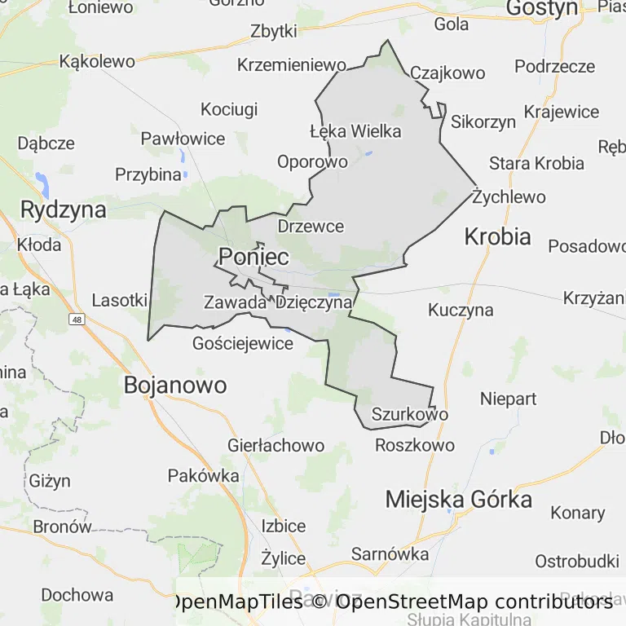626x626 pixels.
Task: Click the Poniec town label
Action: pyautogui.click(x=253, y=257)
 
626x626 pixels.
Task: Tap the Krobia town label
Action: pyautogui.click(x=497, y=237)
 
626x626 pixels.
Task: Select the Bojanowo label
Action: pyautogui.click(x=175, y=385)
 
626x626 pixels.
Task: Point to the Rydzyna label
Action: pyautogui.click(x=63, y=209)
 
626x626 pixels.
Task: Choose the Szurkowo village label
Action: pyautogui.click(x=409, y=414)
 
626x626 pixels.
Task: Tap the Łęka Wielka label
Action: pyautogui.click(x=355, y=131)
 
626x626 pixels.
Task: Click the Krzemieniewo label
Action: pyautogui.click(x=292, y=65)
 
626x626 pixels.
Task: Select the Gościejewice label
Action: pyautogui.click(x=242, y=343)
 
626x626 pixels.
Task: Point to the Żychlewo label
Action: pyautogui.click(x=509, y=197)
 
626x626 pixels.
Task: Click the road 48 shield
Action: pyautogui.click(x=77, y=320)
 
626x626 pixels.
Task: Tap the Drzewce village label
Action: pyautogui.click(x=311, y=226)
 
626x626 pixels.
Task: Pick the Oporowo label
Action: pyautogui.click(x=312, y=161)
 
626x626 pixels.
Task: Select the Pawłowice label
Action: pyautogui.click(x=183, y=139)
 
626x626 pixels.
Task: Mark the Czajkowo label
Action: pyautogui.click(x=447, y=73)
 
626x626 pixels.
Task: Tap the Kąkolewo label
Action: pyautogui.click(x=97, y=61)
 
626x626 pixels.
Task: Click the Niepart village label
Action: pyautogui.click(x=509, y=399)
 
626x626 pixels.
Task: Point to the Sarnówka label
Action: pyautogui.click(x=390, y=554)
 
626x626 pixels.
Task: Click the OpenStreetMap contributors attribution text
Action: pyautogui.click(x=474, y=602)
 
